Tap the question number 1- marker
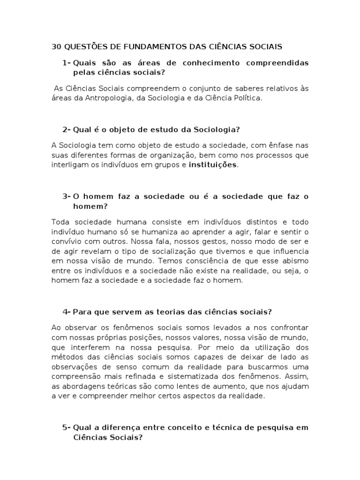pyautogui.click(x=66, y=63)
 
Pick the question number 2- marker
pyautogui.click(x=66, y=129)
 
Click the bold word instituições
pyautogui.click(x=213, y=165)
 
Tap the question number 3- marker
pyautogui.click(x=66, y=196)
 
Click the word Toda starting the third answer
pyautogui.click(x=60, y=221)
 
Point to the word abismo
pyautogui.click(x=296, y=261)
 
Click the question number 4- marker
pyautogui.click(x=66, y=312)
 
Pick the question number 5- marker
pyautogui.click(x=66, y=427)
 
